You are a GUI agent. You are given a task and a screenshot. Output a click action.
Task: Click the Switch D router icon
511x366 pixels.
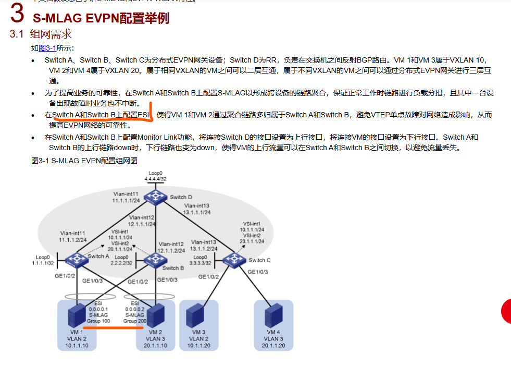[155, 197]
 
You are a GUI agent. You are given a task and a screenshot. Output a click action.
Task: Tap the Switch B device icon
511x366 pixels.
[153, 259]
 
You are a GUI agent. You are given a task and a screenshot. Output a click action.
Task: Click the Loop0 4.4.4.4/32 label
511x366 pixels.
[155, 176]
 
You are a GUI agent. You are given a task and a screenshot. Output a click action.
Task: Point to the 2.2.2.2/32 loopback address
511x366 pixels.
[121, 264]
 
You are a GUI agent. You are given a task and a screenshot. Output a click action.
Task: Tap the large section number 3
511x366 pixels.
[17, 15]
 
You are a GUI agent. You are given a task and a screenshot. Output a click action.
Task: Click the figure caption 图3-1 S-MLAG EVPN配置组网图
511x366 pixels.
[84, 161]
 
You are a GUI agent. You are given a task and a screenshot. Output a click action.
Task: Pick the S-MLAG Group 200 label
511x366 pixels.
[134, 318]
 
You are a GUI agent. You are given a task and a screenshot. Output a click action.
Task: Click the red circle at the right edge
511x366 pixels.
[506, 311]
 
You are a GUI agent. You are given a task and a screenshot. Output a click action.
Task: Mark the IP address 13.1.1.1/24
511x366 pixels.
[196, 212]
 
